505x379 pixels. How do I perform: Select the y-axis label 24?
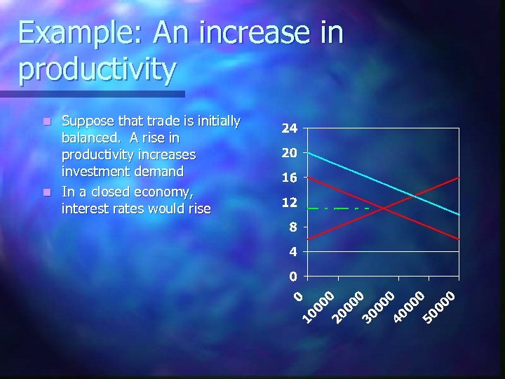pos(289,129)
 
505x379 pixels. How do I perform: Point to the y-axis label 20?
pos(289,153)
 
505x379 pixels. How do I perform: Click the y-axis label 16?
pos(289,178)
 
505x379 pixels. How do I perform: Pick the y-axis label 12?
pos(289,203)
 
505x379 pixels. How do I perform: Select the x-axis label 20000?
pos(351,308)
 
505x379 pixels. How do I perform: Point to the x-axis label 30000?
pos(382,308)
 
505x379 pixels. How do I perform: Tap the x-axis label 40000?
pos(411,308)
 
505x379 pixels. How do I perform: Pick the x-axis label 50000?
pos(442,308)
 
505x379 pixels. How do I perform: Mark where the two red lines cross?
pos(384,208)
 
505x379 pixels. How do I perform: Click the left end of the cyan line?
pos(309,153)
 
